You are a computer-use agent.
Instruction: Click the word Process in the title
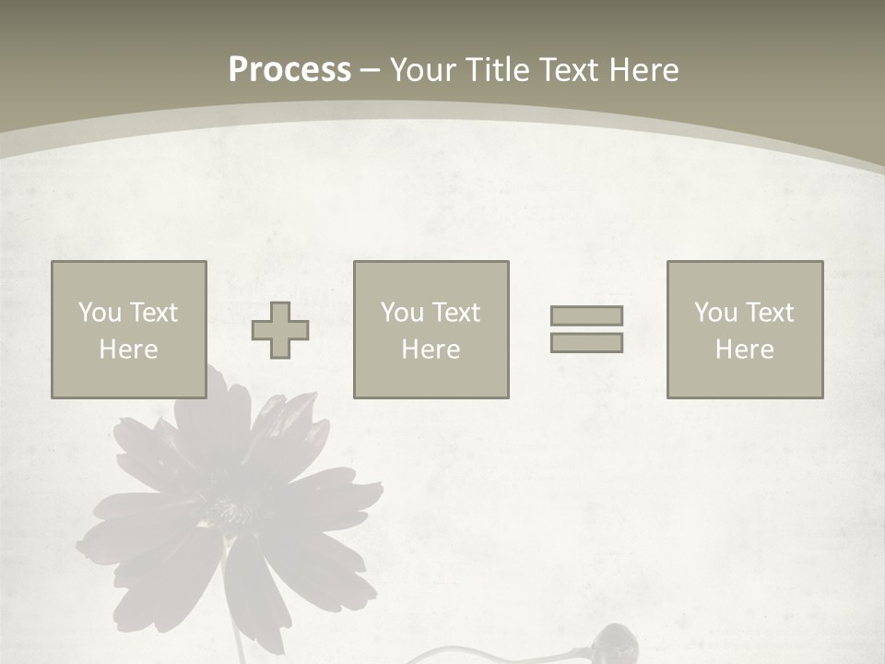289,70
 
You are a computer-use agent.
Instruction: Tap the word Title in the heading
498,70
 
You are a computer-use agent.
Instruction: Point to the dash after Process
370,70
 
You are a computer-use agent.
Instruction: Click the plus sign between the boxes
281,330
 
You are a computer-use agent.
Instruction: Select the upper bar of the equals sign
586,315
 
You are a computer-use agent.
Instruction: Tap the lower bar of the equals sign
586,342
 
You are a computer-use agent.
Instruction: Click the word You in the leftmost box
100,313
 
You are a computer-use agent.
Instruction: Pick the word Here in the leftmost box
128,350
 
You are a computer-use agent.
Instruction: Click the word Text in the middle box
454,313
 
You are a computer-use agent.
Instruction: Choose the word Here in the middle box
431,350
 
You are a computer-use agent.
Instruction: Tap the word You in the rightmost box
715,313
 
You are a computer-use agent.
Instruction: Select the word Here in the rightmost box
744,350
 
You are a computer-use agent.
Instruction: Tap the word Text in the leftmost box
152,313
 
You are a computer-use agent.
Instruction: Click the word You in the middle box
402,313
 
